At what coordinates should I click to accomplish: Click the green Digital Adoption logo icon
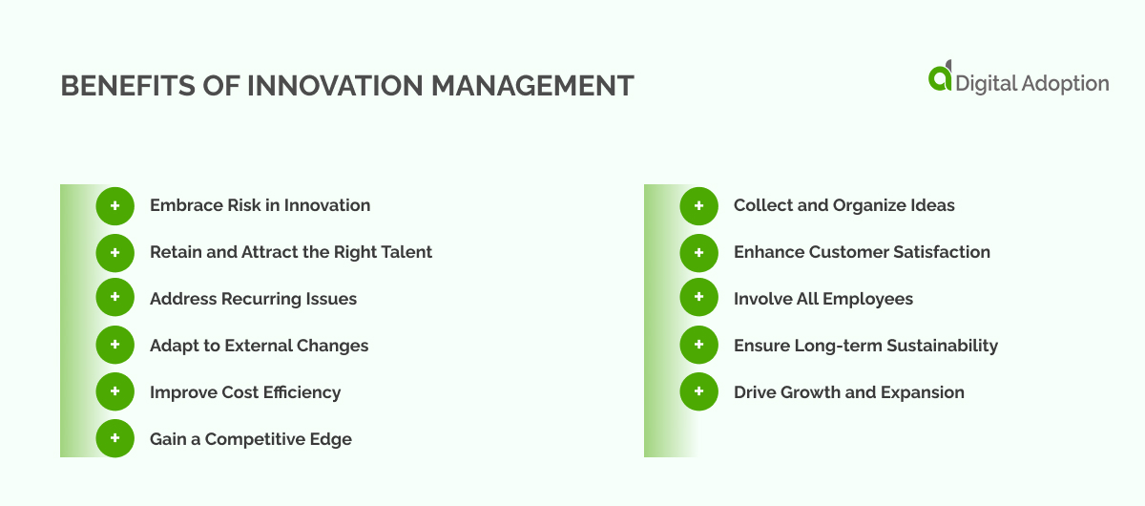coord(940,77)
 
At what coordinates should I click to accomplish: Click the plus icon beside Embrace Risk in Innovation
coord(115,205)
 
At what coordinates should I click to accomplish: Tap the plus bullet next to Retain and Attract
coord(115,252)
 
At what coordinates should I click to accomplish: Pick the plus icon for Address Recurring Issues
coord(115,299)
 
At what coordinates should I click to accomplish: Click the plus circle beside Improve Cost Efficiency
coord(115,392)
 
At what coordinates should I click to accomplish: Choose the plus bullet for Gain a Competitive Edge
coord(115,439)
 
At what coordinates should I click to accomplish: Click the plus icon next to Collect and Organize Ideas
coord(699,205)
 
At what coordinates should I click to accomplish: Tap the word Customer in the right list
coord(844,252)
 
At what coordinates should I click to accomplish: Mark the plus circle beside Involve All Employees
coord(699,299)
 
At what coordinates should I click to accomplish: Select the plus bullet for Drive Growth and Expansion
coord(699,392)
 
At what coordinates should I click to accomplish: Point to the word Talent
coord(406,252)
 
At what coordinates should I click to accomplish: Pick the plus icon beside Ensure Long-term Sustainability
coord(699,346)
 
